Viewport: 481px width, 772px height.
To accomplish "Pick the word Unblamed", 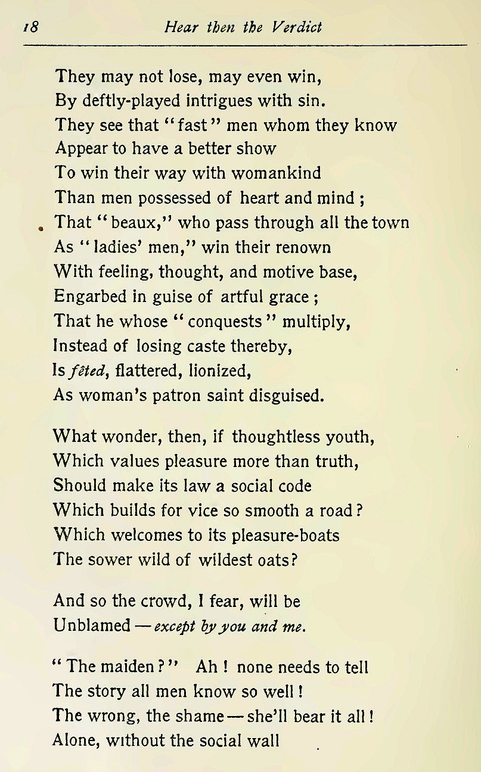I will (x=92, y=625).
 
